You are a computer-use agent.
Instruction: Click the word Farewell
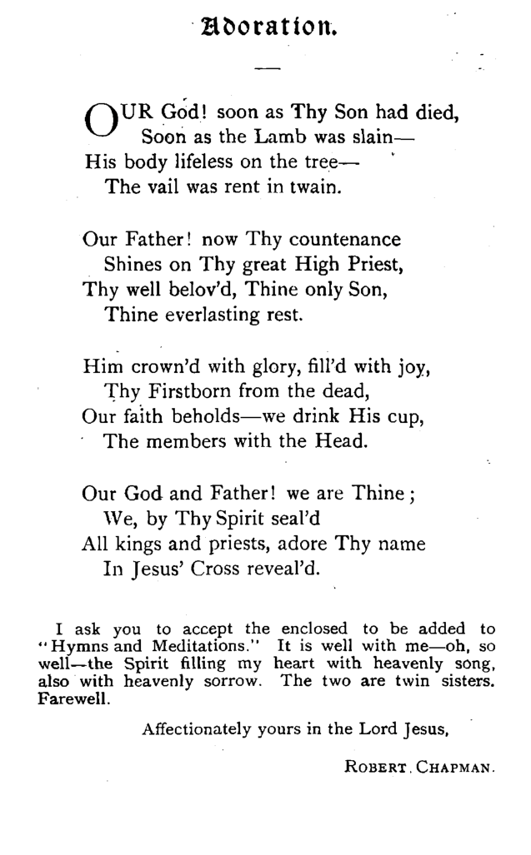(x=74, y=698)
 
